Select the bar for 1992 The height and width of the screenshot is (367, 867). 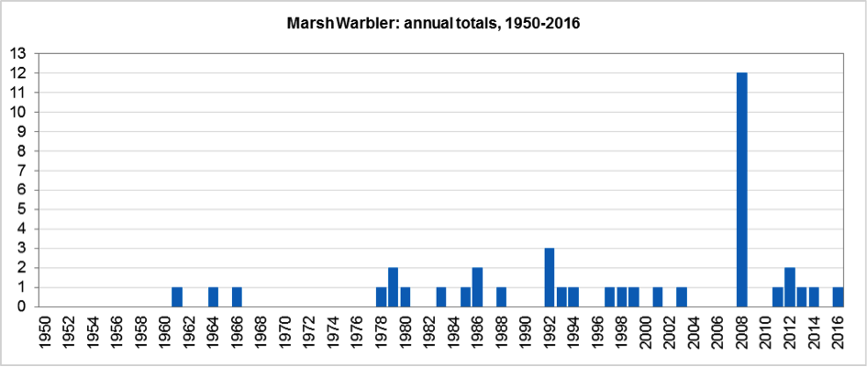[550, 278]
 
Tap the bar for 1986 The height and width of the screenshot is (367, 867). [477, 287]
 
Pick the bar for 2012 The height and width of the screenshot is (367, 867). [790, 287]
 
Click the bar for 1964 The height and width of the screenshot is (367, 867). [213, 297]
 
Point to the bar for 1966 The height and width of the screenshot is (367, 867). [237, 297]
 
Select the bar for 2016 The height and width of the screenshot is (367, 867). [838, 297]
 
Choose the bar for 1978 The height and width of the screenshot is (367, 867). [381, 297]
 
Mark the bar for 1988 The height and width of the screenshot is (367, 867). [501, 297]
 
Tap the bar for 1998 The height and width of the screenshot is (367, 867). [621, 297]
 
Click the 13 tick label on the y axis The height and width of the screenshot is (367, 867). [17, 53]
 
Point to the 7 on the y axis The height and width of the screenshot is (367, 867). [21, 171]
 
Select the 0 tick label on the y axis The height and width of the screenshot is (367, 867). [21, 307]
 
